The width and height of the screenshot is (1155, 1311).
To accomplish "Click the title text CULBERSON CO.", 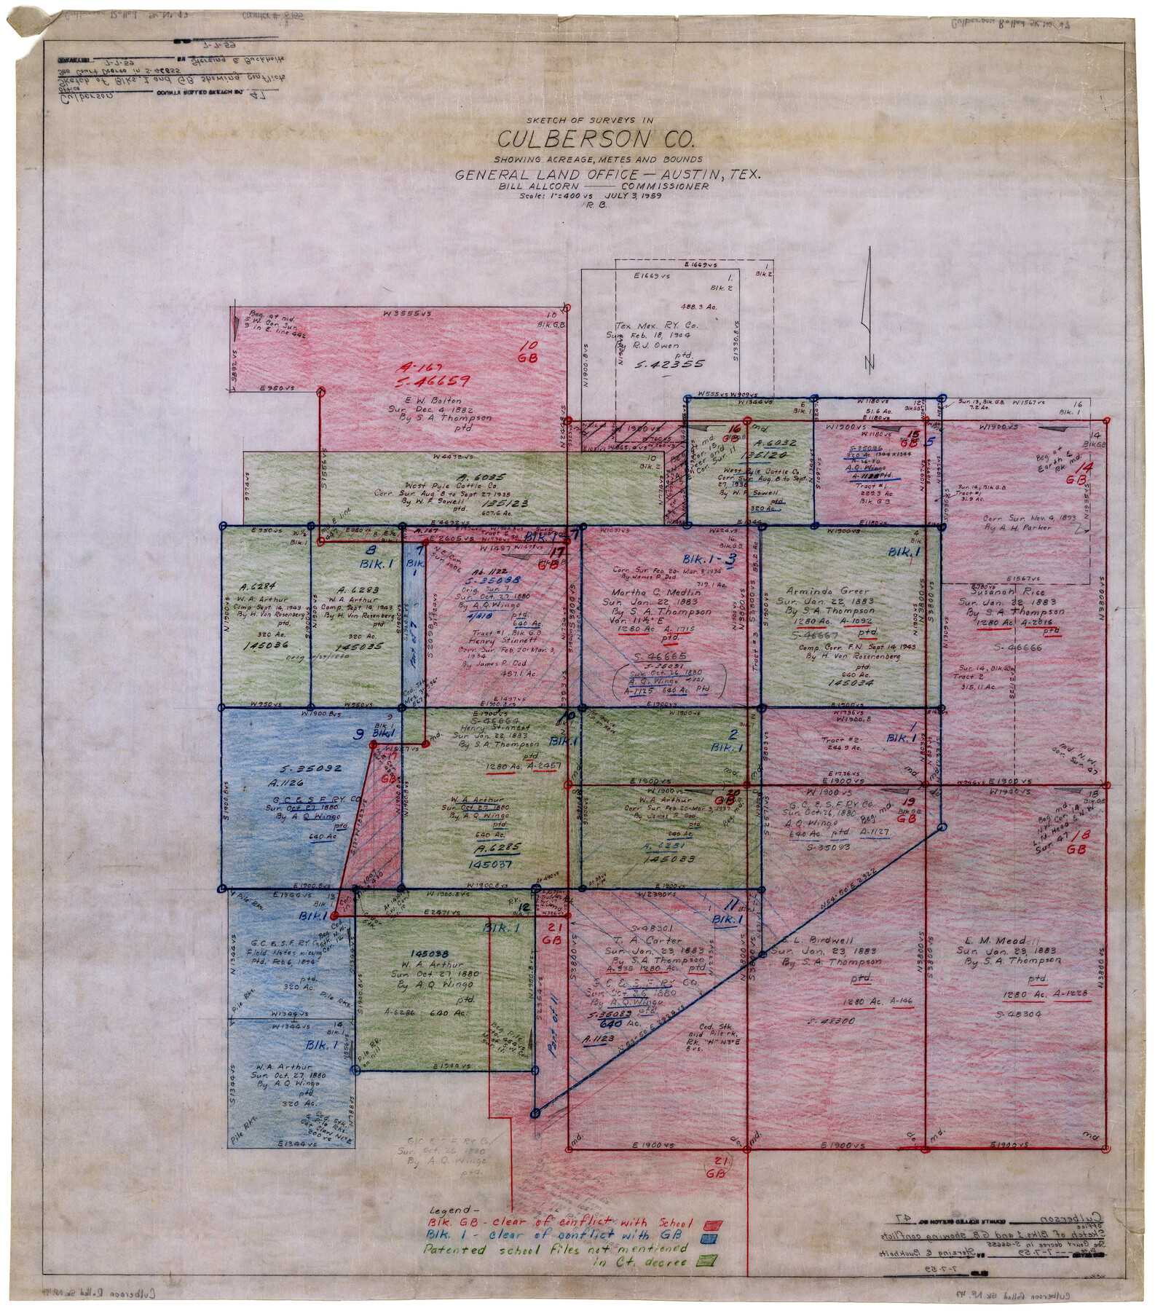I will [x=596, y=138].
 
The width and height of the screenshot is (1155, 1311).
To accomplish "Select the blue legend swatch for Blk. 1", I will [x=706, y=1238].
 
